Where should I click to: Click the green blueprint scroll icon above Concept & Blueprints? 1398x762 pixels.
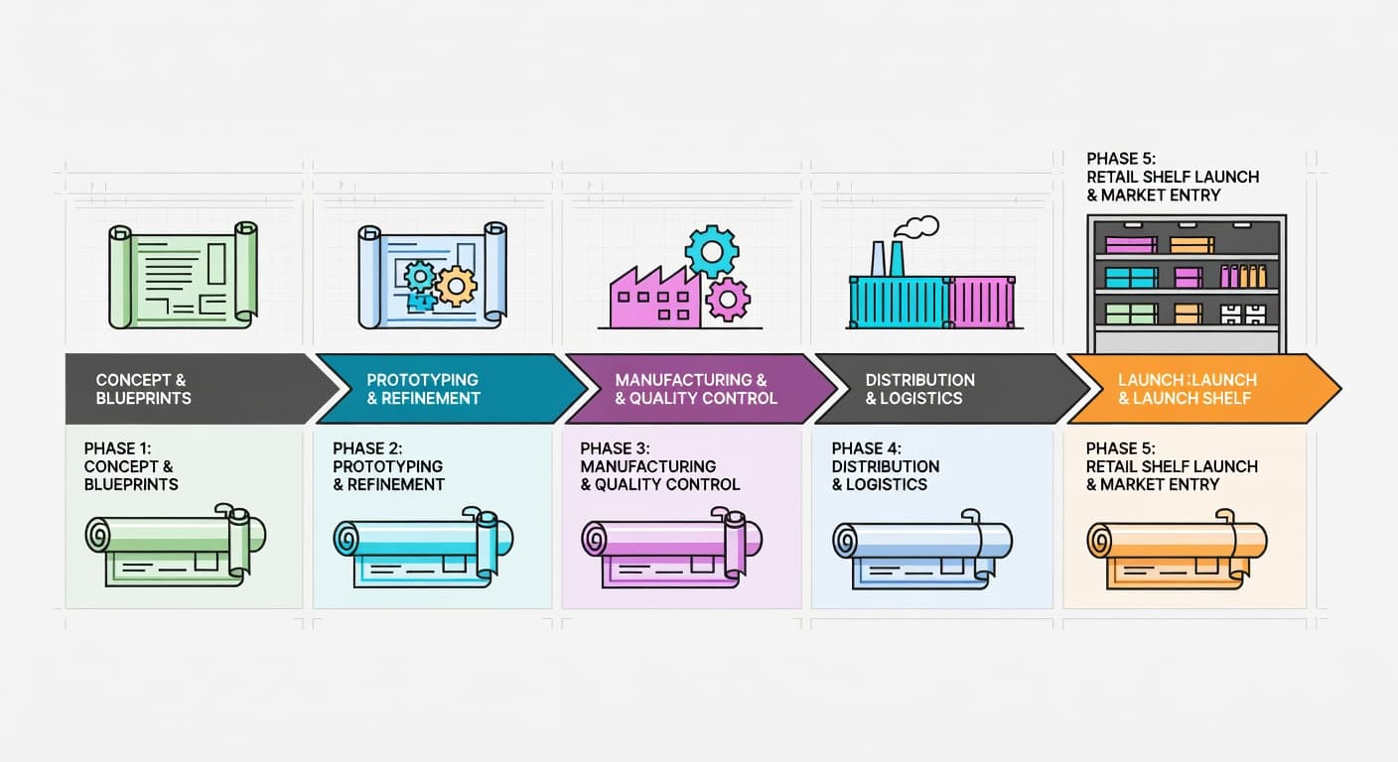pyautogui.click(x=183, y=275)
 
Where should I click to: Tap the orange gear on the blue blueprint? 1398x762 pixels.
pyautogui.click(x=456, y=286)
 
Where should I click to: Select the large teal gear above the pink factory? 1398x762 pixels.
pyautogui.click(x=712, y=251)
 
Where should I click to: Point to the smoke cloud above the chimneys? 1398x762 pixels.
pyautogui.click(x=916, y=227)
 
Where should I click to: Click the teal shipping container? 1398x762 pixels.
pyautogui.click(x=900, y=303)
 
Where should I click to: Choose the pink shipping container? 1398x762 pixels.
pyautogui.click(x=982, y=303)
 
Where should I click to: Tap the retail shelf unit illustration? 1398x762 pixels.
pyautogui.click(x=1187, y=285)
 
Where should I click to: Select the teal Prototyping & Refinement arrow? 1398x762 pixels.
pyautogui.click(x=451, y=389)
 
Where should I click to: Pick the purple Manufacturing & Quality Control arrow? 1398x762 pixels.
pyautogui.click(x=700, y=389)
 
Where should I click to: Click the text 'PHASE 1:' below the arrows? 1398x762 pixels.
pyautogui.click(x=117, y=448)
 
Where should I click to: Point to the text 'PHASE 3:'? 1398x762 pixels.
pyautogui.click(x=615, y=448)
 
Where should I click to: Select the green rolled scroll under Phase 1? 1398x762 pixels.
pyautogui.click(x=176, y=545)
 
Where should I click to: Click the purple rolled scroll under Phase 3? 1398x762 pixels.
pyautogui.click(x=671, y=548)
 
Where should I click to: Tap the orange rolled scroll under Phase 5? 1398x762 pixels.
pyautogui.click(x=1177, y=550)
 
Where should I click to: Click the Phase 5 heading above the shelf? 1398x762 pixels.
pyautogui.click(x=1173, y=177)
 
